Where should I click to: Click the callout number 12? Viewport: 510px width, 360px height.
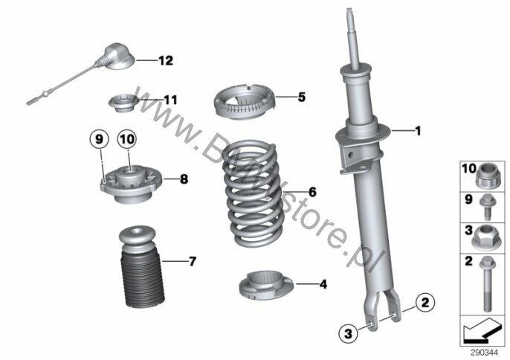pyautogui.click(x=165, y=61)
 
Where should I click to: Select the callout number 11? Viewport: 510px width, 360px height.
pyautogui.click(x=171, y=99)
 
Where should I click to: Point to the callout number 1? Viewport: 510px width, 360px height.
pyautogui.click(x=417, y=132)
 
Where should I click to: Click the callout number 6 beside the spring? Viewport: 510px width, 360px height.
pyautogui.click(x=312, y=192)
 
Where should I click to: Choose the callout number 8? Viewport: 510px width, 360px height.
pyautogui.click(x=184, y=179)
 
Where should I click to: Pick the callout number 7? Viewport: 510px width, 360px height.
pyautogui.click(x=192, y=261)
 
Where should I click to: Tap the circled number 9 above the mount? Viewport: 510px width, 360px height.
pyautogui.click(x=99, y=138)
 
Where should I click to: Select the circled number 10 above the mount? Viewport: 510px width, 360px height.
pyautogui.click(x=126, y=138)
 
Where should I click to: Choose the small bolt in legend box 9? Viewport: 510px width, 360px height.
pyautogui.click(x=486, y=202)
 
